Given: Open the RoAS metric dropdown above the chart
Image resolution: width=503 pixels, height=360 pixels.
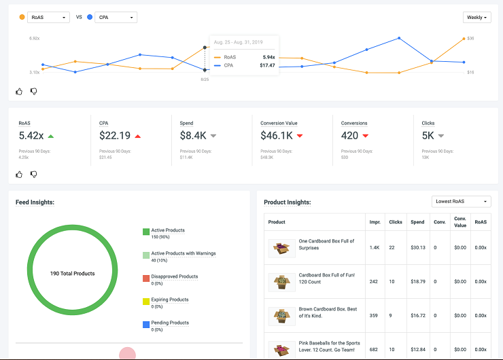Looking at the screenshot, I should pos(48,17).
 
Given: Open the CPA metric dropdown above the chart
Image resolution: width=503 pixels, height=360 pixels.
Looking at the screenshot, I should pos(116,17).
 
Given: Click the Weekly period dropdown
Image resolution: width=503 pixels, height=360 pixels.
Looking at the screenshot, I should pos(476,18).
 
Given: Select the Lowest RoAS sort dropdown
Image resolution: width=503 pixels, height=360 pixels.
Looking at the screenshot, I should pos(461,202).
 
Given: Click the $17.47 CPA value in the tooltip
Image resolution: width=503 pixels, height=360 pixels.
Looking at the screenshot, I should pos(267,66).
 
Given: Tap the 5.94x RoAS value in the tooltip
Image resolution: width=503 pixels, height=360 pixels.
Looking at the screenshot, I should pos(268,57).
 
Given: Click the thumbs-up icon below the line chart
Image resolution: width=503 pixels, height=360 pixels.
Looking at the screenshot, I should pos(19,91).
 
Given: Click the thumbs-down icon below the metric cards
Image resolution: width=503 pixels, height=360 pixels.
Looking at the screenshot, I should pos(33,174).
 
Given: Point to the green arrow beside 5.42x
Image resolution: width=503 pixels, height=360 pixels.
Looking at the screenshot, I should pos(51,136).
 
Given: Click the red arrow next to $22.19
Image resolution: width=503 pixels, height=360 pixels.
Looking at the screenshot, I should pos(138,136).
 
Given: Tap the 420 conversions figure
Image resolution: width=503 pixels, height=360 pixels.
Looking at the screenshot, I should pos(349,136).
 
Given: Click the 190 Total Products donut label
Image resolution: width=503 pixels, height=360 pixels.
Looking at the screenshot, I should pos(72,274).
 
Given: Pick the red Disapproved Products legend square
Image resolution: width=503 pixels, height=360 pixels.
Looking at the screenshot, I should pos(146,278).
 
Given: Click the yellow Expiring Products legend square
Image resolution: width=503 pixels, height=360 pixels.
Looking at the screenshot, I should pos(146,302).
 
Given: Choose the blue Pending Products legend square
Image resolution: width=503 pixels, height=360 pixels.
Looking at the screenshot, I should pos(146,325).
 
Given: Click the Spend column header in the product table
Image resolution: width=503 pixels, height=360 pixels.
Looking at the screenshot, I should pos(417,222).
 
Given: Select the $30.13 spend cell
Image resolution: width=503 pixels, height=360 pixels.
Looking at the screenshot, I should pos(417,247).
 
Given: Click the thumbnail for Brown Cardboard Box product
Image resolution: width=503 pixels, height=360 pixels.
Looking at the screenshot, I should pos(281,316).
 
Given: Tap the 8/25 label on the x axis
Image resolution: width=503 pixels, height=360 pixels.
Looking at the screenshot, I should pos(205,79).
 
